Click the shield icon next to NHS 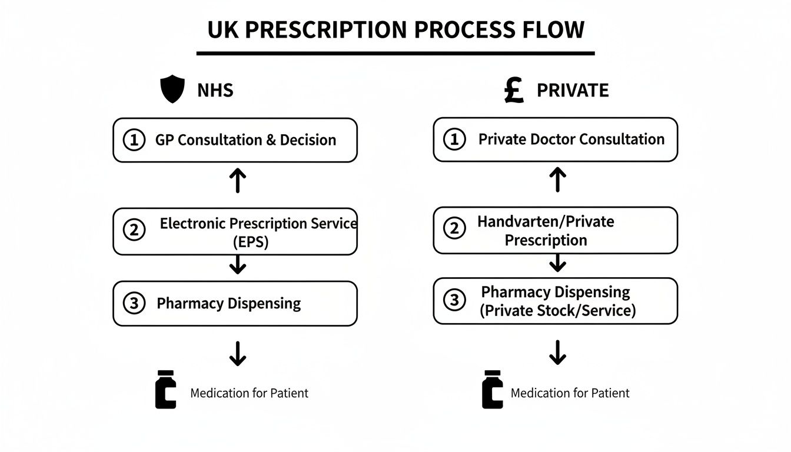pyautogui.click(x=172, y=90)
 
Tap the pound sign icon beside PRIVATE pyautogui.click(x=514, y=90)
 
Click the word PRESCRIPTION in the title pyautogui.click(x=334, y=29)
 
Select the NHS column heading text pyautogui.click(x=215, y=90)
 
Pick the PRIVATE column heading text pyautogui.click(x=572, y=90)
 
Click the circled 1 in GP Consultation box pyautogui.click(x=134, y=140)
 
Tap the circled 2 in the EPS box pyautogui.click(x=134, y=230)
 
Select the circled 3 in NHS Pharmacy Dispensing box pyautogui.click(x=134, y=303)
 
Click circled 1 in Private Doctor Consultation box pyautogui.click(x=454, y=140)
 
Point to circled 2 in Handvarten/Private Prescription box pyautogui.click(x=454, y=228)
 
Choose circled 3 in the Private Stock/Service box pyautogui.click(x=454, y=300)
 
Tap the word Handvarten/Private pyautogui.click(x=546, y=222)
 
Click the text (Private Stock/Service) pyautogui.click(x=558, y=310)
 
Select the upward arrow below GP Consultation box pyautogui.click(x=237, y=181)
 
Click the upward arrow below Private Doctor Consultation pyautogui.click(x=557, y=180)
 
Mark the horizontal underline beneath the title pyautogui.click(x=395, y=54)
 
